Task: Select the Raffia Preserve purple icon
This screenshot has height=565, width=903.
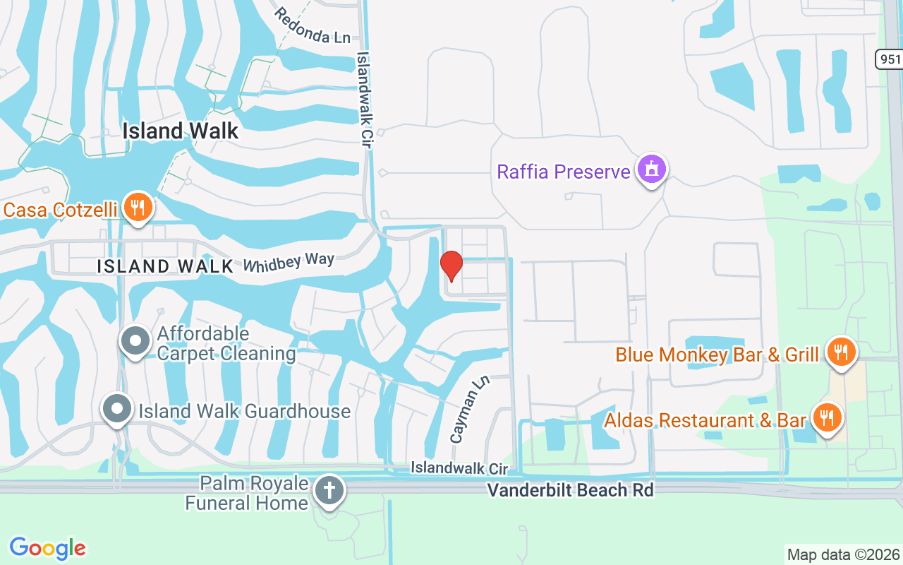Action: point(651,169)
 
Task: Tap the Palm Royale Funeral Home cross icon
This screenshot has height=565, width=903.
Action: point(329,490)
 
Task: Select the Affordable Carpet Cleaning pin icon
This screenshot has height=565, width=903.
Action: point(135,342)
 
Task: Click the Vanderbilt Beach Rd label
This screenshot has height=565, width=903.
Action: point(571,489)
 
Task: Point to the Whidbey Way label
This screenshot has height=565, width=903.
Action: point(289,262)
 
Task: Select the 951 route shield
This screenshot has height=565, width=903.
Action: point(890,59)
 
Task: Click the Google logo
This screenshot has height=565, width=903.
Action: point(47,548)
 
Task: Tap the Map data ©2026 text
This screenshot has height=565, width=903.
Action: point(844,554)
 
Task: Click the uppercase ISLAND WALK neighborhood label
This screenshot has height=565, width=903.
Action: point(165,266)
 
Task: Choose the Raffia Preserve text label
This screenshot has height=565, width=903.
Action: point(563,172)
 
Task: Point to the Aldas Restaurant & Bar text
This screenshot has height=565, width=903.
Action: point(705,420)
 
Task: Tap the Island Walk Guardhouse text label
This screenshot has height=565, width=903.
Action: point(244,411)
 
